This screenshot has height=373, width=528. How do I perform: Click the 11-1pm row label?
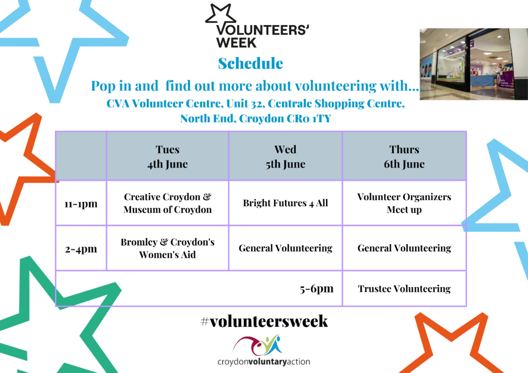[x=81, y=204]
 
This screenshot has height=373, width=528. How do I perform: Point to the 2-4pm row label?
[x=81, y=249]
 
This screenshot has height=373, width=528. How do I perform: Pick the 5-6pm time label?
[x=317, y=289]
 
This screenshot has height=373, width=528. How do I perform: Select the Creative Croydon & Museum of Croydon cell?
[x=167, y=203]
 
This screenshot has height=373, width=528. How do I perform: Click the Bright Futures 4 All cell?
[x=285, y=203]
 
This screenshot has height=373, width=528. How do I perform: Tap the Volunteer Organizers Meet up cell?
[x=404, y=203]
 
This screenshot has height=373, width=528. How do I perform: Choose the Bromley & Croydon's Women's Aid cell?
[x=167, y=248]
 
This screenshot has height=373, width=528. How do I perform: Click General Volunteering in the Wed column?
[x=285, y=248]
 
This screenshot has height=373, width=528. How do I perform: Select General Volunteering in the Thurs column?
[x=404, y=248]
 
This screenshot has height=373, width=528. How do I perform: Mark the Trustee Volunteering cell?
[x=404, y=289]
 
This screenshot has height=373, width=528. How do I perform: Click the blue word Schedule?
[x=250, y=63]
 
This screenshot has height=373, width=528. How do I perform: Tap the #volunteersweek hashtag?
[x=264, y=321]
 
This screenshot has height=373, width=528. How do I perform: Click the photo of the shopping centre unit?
[x=474, y=64]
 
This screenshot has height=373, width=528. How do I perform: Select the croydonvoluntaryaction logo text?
[x=264, y=362]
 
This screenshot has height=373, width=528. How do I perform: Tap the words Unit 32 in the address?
[x=244, y=103]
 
